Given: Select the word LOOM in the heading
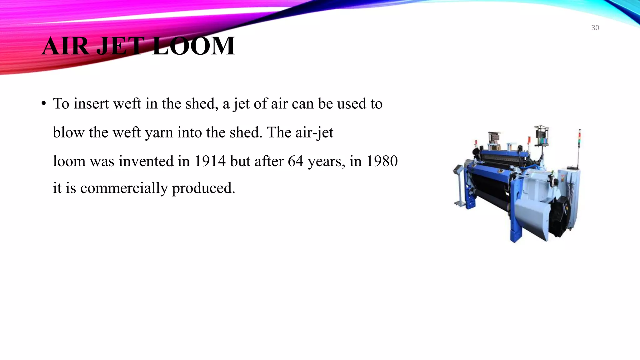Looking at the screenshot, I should coord(194,46).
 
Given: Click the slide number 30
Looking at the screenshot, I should coord(595,28).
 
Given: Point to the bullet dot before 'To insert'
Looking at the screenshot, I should coord(44,104).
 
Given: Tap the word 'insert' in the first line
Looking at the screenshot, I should coord(91,104).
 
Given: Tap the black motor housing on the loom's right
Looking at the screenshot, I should coord(562,216).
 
